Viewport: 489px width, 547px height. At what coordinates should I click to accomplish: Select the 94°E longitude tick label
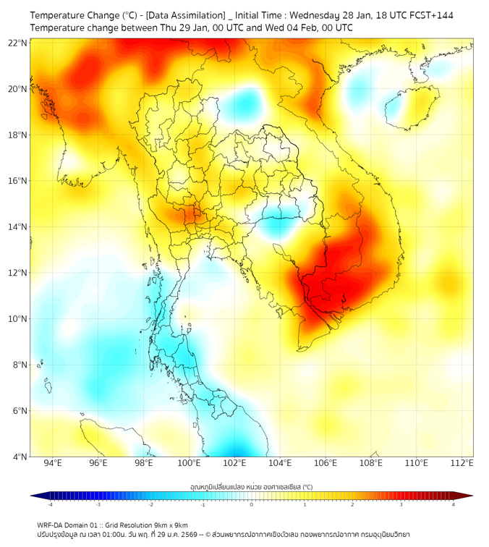(53, 463)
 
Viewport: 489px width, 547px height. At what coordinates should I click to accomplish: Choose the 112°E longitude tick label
(462, 463)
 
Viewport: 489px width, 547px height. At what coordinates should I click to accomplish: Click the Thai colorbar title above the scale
(251, 487)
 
